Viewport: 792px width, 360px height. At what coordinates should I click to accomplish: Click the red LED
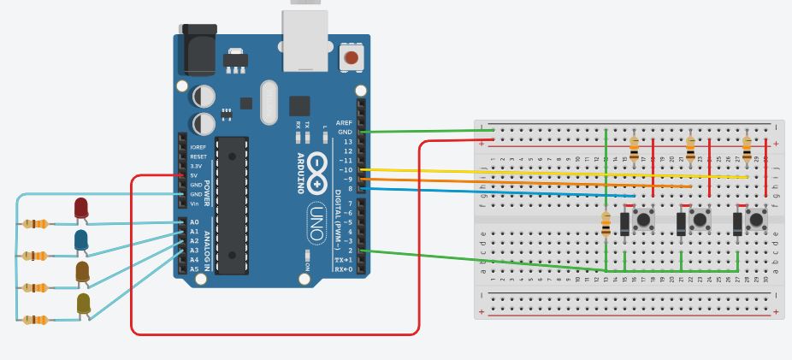[80, 208]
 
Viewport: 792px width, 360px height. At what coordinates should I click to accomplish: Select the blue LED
[81, 240]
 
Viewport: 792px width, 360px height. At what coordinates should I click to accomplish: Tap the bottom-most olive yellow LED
[83, 303]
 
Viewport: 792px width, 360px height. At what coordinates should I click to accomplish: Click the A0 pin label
[194, 222]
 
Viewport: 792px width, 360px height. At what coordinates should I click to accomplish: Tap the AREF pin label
[344, 122]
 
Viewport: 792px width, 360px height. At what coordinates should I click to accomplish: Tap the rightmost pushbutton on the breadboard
[756, 221]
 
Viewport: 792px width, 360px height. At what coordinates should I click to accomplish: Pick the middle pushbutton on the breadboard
[700, 221]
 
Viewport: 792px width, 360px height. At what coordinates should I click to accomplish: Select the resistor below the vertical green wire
[606, 224]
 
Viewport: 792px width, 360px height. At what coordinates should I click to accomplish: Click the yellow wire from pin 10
[556, 174]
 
